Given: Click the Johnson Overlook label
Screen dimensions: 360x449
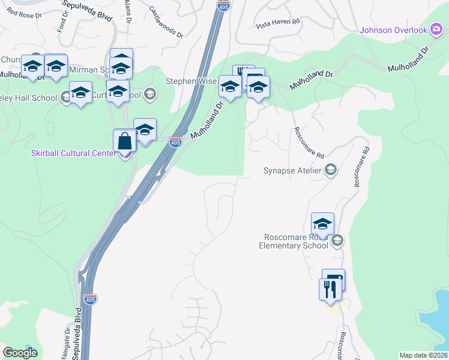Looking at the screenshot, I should (393, 30).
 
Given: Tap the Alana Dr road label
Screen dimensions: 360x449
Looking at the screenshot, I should (128, 11).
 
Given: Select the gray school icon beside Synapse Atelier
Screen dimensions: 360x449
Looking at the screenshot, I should (330, 171).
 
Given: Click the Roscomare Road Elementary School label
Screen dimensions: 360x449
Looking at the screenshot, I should (294, 241).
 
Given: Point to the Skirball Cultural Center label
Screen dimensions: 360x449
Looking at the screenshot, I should (73, 153).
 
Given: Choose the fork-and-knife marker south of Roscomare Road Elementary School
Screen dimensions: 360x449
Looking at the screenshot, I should (330, 290).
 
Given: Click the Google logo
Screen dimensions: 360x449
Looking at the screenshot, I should (20, 353).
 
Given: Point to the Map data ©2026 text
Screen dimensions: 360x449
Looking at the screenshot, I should (423, 355).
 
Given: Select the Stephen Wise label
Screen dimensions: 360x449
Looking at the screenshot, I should (189, 81).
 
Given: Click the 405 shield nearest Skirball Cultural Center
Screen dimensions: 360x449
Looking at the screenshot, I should (175, 142).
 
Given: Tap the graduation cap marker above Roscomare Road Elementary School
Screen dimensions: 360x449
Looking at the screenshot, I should (322, 224).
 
